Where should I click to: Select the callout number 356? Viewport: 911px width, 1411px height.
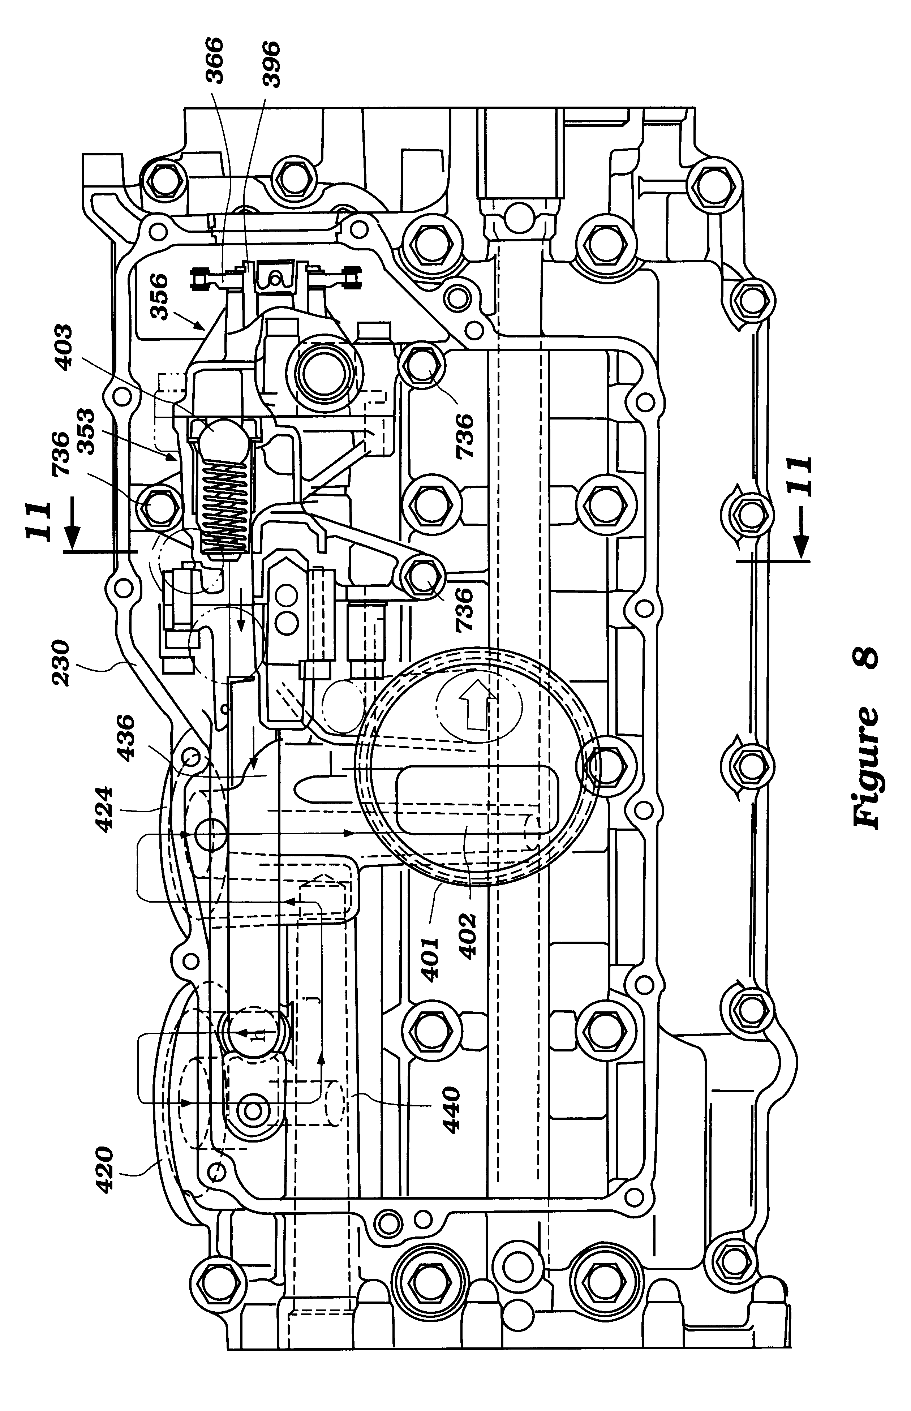point(160,296)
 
